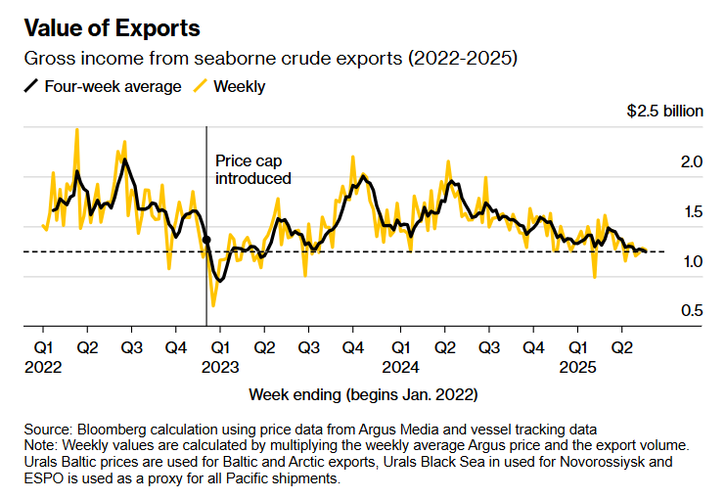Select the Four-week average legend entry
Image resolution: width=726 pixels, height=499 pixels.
click(x=102, y=86)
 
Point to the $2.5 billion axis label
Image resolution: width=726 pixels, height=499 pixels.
click(x=664, y=111)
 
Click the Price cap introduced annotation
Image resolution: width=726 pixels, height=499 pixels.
click(x=252, y=168)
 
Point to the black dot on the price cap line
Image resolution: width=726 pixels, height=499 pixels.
click(x=205, y=239)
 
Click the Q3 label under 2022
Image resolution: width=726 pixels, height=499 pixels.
click(x=132, y=347)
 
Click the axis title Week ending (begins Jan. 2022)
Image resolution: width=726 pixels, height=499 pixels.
click(x=363, y=395)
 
